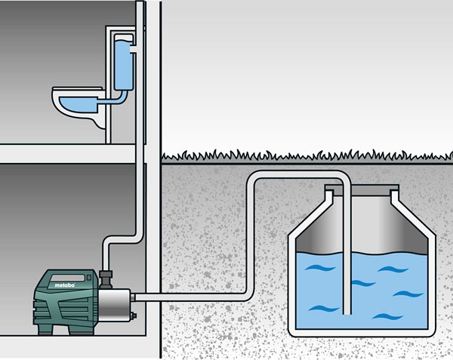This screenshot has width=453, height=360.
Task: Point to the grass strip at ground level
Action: (x=302, y=157)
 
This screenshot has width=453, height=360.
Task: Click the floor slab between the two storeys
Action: (x=68, y=154)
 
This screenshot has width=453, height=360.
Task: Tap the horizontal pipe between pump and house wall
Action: (x=149, y=296)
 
